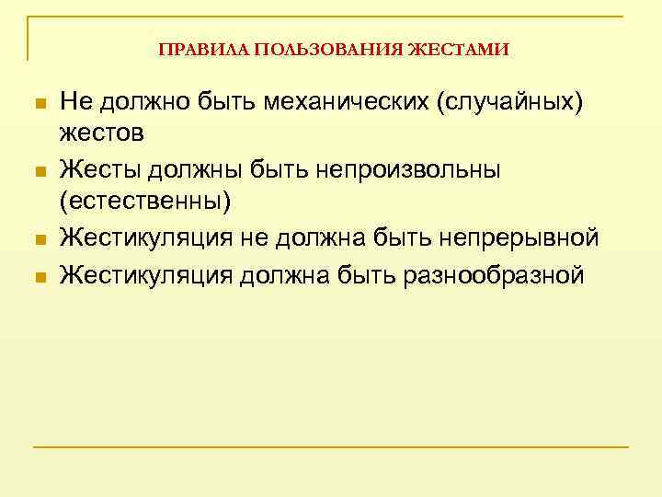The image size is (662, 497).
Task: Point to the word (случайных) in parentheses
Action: (510, 100)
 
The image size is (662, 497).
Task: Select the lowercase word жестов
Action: (101, 133)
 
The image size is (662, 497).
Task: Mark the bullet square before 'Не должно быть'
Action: (38, 102)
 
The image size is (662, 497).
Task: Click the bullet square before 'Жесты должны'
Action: (38, 171)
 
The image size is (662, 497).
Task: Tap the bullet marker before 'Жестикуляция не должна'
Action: (38, 239)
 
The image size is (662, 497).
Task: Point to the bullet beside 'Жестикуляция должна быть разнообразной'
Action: (38, 274)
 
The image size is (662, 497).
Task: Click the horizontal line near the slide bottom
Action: (331, 447)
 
